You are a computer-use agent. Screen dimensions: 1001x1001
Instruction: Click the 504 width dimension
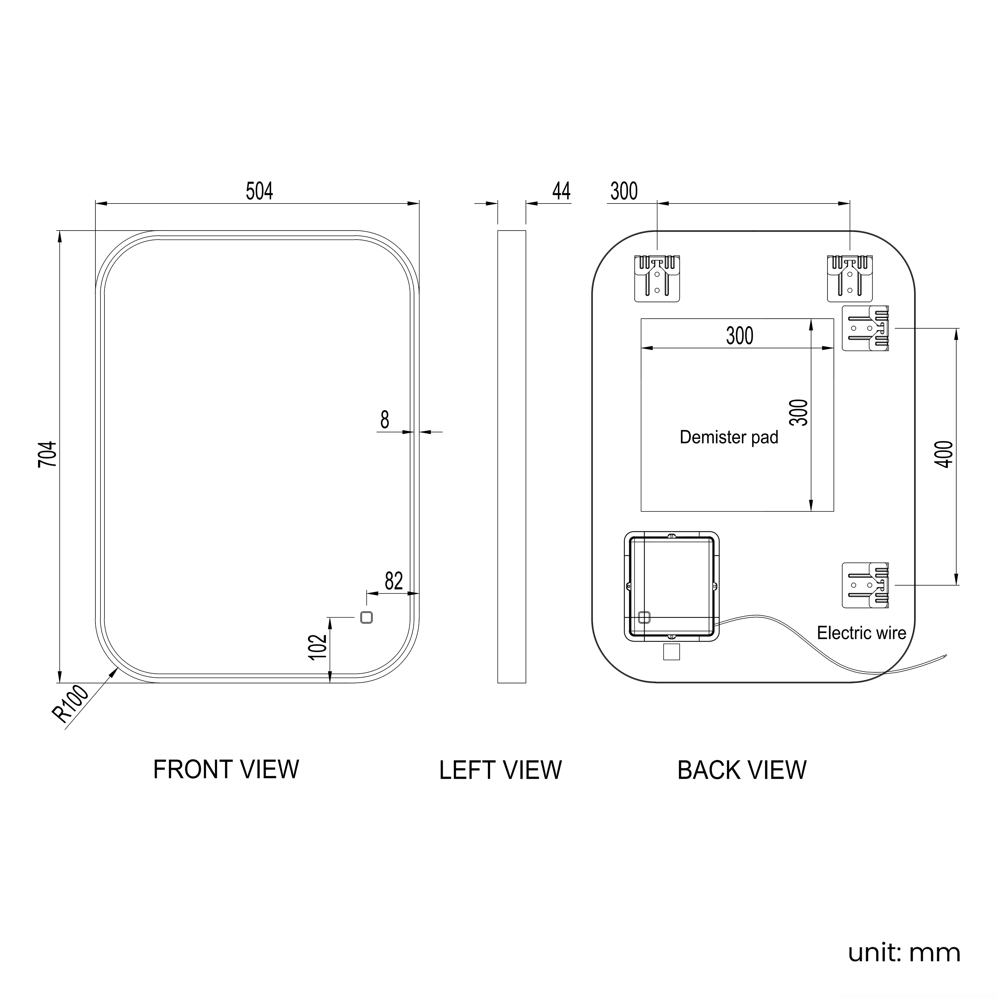259,191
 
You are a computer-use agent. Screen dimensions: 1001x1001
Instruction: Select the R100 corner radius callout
71,704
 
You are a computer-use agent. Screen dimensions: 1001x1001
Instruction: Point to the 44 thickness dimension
561,191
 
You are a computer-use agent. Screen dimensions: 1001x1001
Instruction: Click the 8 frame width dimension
384,420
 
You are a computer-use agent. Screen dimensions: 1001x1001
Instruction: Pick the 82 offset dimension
394,581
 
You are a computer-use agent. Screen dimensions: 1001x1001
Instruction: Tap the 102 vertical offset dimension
318,647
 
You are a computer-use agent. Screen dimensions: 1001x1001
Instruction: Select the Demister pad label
729,437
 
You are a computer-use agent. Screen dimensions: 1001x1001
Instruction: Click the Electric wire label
862,633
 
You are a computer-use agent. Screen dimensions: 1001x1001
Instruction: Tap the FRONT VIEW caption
226,770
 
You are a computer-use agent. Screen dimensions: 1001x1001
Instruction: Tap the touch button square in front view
366,618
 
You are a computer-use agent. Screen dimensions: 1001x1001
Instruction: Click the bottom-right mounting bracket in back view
865,585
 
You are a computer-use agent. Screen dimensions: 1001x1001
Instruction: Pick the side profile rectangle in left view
512,456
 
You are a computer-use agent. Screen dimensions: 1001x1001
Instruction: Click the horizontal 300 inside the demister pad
739,336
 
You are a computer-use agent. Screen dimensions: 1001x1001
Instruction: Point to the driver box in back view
671,586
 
